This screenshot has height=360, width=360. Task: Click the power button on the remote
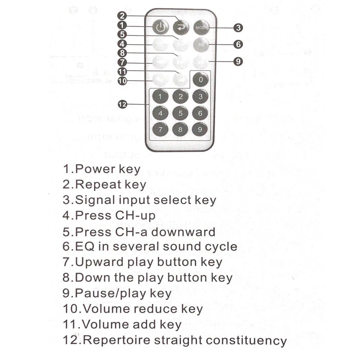click(x=160, y=27)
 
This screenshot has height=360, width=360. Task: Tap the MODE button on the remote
click(x=201, y=27)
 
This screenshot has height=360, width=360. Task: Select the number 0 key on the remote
click(x=201, y=79)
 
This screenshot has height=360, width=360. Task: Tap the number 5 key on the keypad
click(x=180, y=113)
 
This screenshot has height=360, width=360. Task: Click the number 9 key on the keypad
click(x=200, y=130)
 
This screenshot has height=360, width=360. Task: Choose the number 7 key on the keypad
click(x=160, y=130)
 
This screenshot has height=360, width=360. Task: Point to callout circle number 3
click(x=238, y=28)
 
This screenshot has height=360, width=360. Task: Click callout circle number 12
click(x=122, y=104)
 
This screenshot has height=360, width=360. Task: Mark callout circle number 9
click(x=238, y=61)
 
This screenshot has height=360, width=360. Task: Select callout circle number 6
click(x=238, y=44)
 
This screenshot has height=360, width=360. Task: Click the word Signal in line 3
click(x=95, y=200)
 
